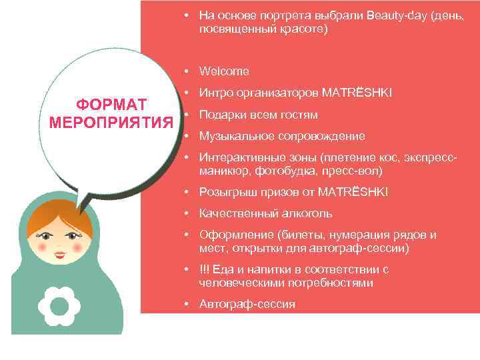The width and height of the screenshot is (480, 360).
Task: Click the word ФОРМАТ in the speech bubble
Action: [x=111, y=105]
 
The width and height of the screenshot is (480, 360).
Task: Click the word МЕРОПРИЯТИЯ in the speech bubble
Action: [x=111, y=122]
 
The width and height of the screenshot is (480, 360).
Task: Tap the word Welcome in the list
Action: [x=224, y=71]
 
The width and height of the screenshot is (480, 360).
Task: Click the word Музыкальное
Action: [x=232, y=136]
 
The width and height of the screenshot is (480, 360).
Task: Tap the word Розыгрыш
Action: [x=221, y=192]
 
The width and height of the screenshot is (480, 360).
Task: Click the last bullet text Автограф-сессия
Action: [x=247, y=304]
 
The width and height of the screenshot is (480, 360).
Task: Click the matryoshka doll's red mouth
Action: [x=60, y=255]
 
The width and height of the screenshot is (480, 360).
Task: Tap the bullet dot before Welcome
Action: [x=189, y=71]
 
